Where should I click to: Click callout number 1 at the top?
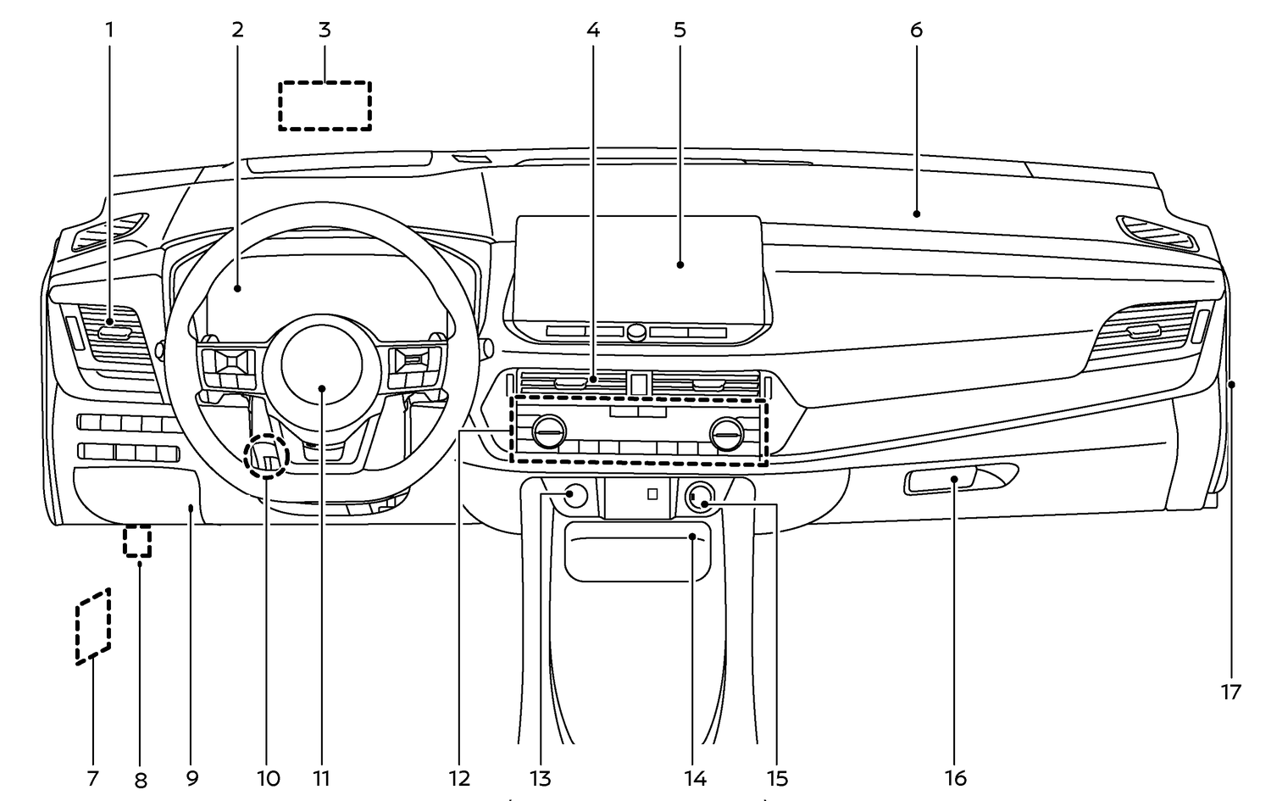point(108,31)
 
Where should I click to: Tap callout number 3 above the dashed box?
point(325,31)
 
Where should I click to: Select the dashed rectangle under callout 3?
point(325,106)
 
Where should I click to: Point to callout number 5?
point(680,31)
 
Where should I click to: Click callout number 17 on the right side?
point(1230,693)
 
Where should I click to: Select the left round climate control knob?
point(548,433)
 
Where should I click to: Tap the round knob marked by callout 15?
point(700,496)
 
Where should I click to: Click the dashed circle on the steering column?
point(267,457)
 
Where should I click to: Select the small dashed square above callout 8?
point(138,541)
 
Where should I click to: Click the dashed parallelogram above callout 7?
point(93,626)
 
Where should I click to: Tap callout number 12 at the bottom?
point(460,778)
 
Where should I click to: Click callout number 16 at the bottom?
point(956,778)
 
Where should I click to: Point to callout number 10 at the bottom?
point(268,778)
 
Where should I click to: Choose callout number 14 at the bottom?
point(696,778)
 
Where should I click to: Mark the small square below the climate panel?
point(652,494)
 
